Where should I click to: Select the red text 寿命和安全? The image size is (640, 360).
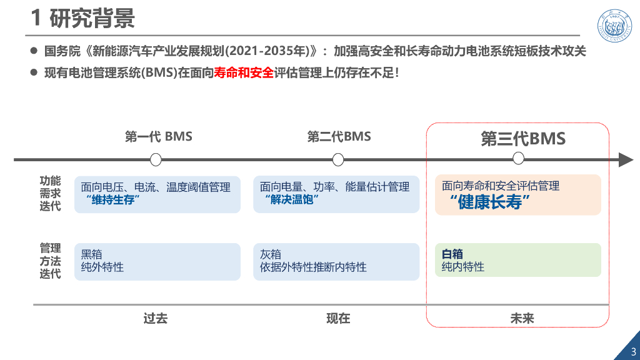pos(244,72)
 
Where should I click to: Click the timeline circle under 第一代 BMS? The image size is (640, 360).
pos(156,160)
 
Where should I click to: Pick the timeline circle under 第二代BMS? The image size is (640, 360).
pos(338,160)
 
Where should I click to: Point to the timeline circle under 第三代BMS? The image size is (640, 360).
pos(518,159)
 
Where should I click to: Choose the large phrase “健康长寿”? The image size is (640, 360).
pos(490,202)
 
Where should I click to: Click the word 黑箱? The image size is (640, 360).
pos(92,254)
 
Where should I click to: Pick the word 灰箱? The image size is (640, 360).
pos(271,254)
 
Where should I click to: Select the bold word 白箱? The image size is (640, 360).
pos(452,254)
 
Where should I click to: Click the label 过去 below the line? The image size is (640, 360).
pos(156,318)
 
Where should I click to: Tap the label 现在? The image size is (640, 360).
pos(338,318)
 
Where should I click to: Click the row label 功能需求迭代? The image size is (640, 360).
pos(50,194)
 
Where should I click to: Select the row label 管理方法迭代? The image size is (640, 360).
pos(50,261)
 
